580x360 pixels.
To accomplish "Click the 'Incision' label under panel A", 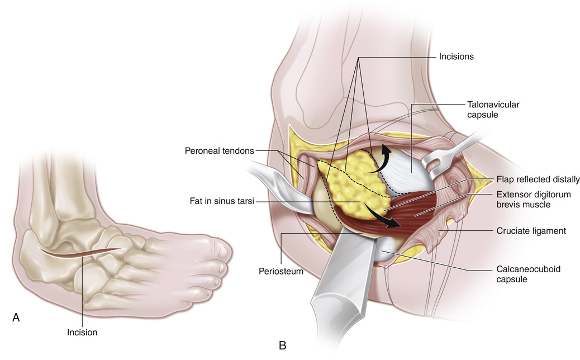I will click(x=82, y=332).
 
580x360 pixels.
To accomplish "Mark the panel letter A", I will click(x=16, y=318).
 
